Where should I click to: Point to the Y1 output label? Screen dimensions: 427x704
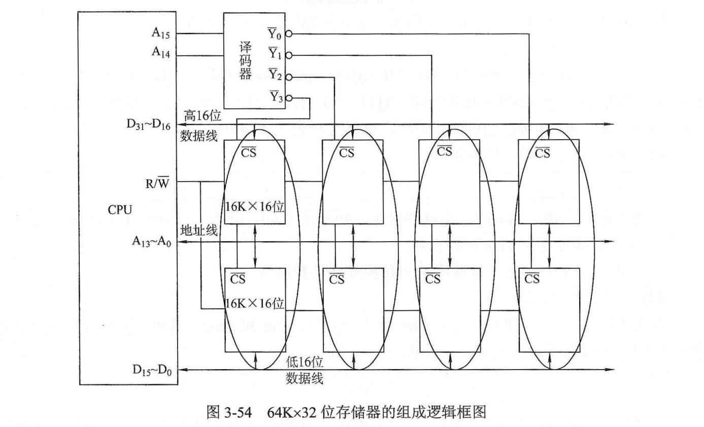point(275,53)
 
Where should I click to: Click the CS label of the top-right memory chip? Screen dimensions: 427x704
point(543,152)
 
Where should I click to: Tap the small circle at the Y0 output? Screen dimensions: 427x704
point(288,34)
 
